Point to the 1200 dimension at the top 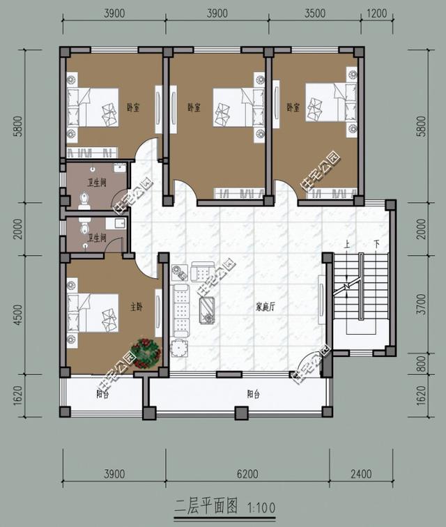tap(377, 13)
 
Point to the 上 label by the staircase tap(347, 244)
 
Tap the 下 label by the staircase tap(376, 244)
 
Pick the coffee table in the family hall tap(208, 307)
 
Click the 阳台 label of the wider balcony tap(254, 394)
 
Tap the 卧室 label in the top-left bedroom tap(132, 108)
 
